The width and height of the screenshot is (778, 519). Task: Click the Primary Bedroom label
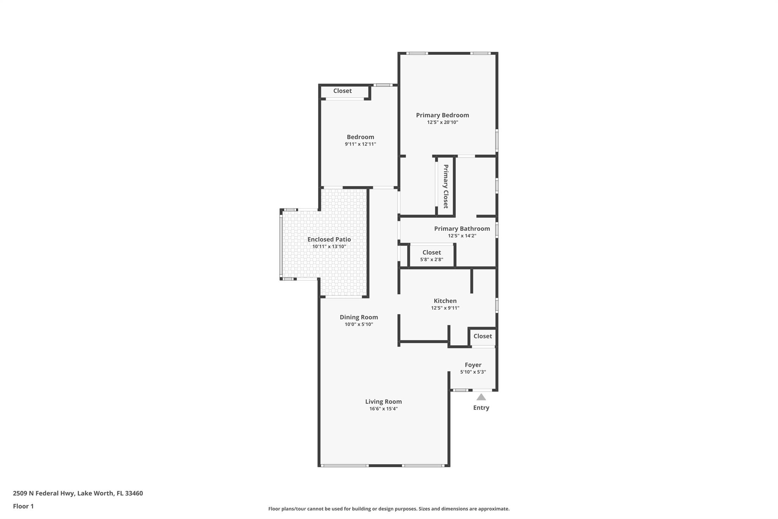[442, 115]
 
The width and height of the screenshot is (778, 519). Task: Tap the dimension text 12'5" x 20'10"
[443, 122]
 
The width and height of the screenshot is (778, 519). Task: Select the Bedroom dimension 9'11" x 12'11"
[360, 144]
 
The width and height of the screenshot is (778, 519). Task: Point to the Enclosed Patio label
[329, 240]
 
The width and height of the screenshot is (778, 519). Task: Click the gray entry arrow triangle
[481, 397]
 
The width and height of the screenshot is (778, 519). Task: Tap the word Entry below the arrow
[481, 408]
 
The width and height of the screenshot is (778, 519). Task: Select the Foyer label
[473, 365]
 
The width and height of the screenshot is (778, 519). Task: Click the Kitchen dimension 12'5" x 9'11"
[445, 308]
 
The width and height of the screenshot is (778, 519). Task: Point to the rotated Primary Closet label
[446, 186]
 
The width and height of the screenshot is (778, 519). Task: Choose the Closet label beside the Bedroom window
[342, 91]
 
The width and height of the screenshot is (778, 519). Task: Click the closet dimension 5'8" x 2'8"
[432, 260]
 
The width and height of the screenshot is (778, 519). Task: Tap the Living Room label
[383, 402]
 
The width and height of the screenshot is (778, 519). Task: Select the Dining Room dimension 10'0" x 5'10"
[359, 324]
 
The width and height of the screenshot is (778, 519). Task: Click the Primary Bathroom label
[462, 229]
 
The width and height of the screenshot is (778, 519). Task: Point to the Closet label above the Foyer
[482, 336]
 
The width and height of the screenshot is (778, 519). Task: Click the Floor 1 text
[23, 506]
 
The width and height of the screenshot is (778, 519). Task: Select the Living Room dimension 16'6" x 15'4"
[383, 409]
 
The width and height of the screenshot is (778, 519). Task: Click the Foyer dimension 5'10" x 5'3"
[473, 372]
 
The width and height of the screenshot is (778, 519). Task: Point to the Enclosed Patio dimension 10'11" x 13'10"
[329, 247]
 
